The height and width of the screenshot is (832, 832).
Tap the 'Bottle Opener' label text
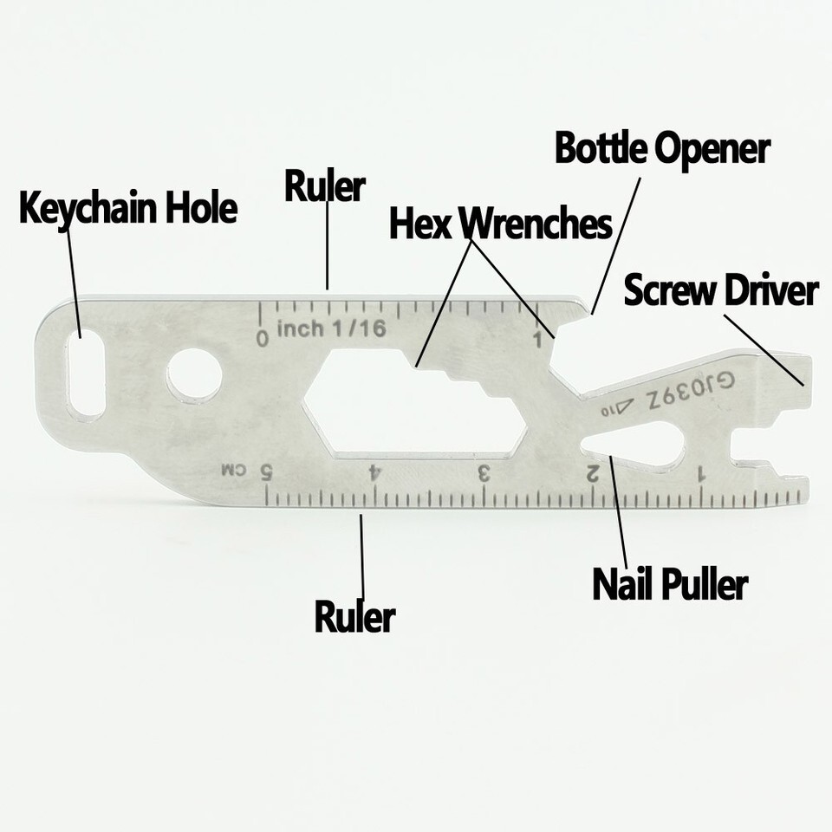(662, 149)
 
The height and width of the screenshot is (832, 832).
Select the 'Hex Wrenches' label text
(500, 224)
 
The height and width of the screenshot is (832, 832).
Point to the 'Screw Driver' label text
(720, 291)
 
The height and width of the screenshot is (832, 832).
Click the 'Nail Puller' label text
(669, 585)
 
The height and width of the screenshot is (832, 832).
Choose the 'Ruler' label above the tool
(325, 186)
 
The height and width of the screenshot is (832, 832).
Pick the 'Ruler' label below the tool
(354, 617)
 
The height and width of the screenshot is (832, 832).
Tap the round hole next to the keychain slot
(194, 375)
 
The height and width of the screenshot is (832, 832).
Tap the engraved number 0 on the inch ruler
(263, 336)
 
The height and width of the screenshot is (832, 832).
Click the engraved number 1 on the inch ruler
(538, 338)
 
